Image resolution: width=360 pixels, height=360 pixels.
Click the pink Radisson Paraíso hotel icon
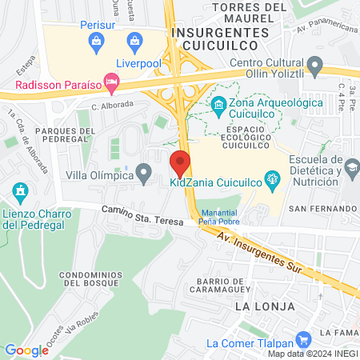[113, 81]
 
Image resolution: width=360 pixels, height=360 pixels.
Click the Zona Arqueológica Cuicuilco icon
[218, 103]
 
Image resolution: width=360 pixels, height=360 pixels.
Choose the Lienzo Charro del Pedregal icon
[21, 191]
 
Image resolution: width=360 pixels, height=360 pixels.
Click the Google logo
[26, 350]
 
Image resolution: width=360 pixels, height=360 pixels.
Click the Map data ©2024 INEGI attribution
[313, 354]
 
